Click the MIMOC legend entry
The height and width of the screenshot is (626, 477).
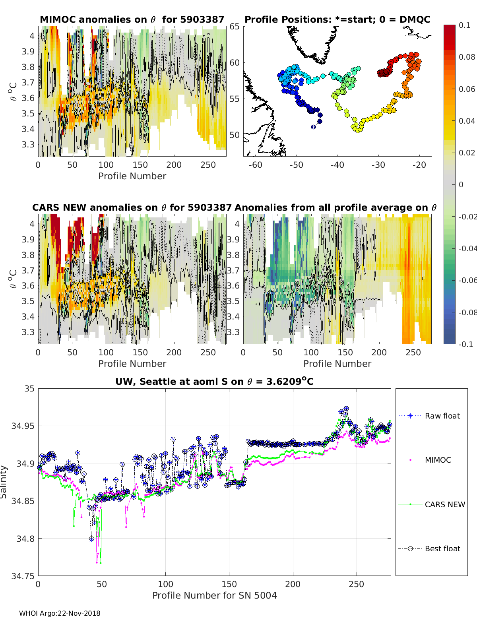[x=438, y=460]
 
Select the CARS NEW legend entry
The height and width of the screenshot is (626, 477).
[x=444, y=504]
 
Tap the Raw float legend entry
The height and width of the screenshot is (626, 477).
[x=442, y=416]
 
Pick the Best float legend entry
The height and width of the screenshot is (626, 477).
[x=442, y=548]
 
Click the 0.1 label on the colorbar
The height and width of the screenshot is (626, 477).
[x=464, y=25]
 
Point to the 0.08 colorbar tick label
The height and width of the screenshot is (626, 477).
[x=467, y=57]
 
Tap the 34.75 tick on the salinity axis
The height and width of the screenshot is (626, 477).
[x=23, y=576]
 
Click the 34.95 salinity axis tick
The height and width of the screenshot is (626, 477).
[x=23, y=426]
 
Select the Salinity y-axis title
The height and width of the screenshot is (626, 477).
[x=4, y=482]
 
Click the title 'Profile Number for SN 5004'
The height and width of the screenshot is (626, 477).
[x=214, y=595]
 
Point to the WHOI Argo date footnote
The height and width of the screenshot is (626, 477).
[x=60, y=613]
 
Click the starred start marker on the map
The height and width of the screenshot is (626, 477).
[x=313, y=127]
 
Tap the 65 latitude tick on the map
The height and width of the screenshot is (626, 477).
[x=235, y=27]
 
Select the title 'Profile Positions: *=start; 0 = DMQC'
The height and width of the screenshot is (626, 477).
[x=337, y=19]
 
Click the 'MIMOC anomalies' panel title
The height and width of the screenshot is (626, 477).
[x=132, y=19]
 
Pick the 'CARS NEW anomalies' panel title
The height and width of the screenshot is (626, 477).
[x=132, y=207]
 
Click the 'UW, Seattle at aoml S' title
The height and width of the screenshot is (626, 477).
[x=214, y=382]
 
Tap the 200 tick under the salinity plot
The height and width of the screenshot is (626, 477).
[x=293, y=584]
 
